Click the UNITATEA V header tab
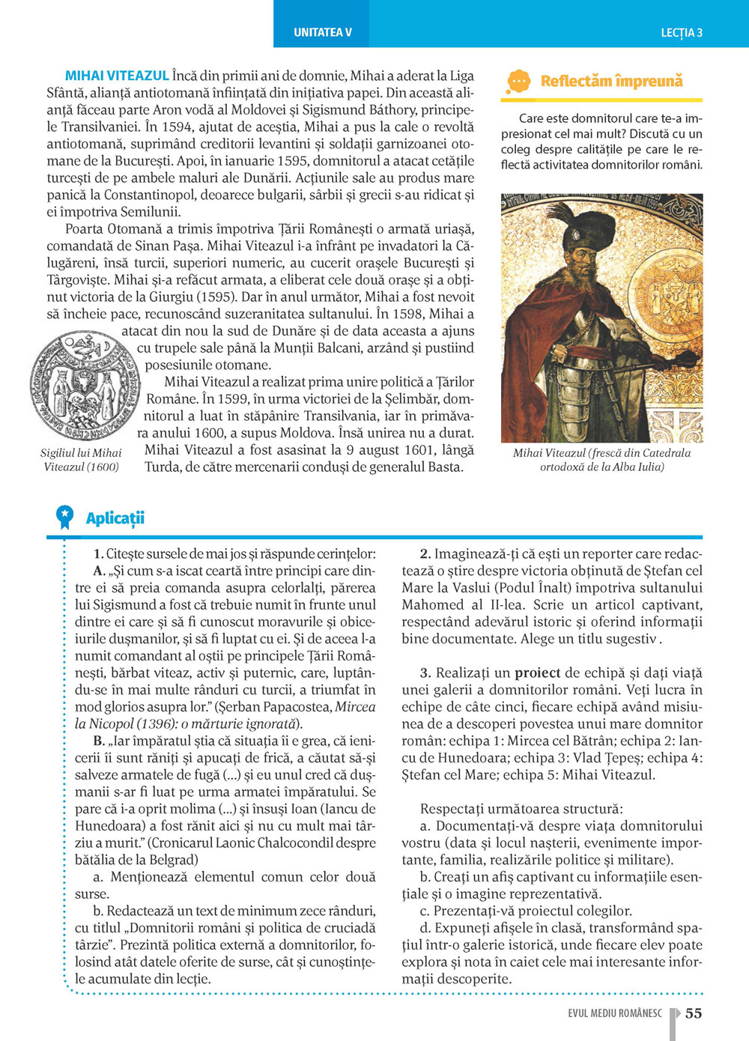pos(322,32)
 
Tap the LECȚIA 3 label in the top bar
pos(681,33)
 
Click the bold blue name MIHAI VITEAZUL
pos(117,76)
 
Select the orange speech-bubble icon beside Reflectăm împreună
pos(518,82)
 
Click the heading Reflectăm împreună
pos(611,81)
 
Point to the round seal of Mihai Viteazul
pos(83,386)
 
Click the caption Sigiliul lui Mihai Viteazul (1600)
pos(82,460)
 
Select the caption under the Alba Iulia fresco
pos(601,460)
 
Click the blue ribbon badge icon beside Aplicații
pos(65,517)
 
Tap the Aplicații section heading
pos(115,518)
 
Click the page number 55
pos(694,1013)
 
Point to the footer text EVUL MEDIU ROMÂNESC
pos(615,1013)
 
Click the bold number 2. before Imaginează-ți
pos(425,553)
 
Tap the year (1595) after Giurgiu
pos(214,297)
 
